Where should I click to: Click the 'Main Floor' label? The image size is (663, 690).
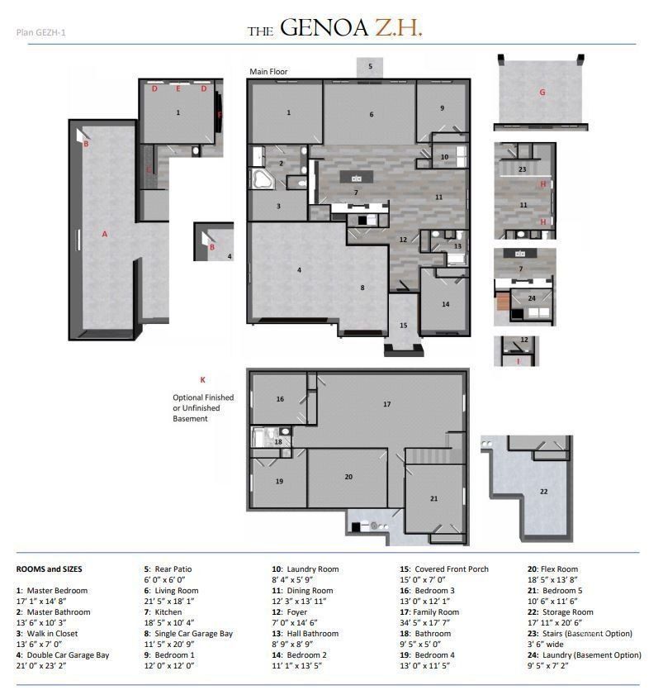pos(269,72)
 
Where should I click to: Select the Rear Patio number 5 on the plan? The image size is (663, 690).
pos(370,65)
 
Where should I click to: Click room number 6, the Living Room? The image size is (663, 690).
pos(372,114)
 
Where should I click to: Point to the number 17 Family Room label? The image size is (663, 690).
pos(386,404)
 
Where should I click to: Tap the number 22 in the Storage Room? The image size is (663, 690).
pos(543,491)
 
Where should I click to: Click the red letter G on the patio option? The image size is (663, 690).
pos(542,93)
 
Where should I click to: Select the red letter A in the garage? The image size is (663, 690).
pos(105,234)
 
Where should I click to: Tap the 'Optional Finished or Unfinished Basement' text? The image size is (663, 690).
pos(203,408)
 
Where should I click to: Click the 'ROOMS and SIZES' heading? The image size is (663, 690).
pos(49,569)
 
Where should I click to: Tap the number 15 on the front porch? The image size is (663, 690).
pos(404,326)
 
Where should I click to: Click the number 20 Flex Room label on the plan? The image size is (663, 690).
pos(348,477)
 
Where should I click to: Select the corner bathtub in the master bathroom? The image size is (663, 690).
pos(263,180)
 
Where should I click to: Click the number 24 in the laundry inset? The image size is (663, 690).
pos(532,298)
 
